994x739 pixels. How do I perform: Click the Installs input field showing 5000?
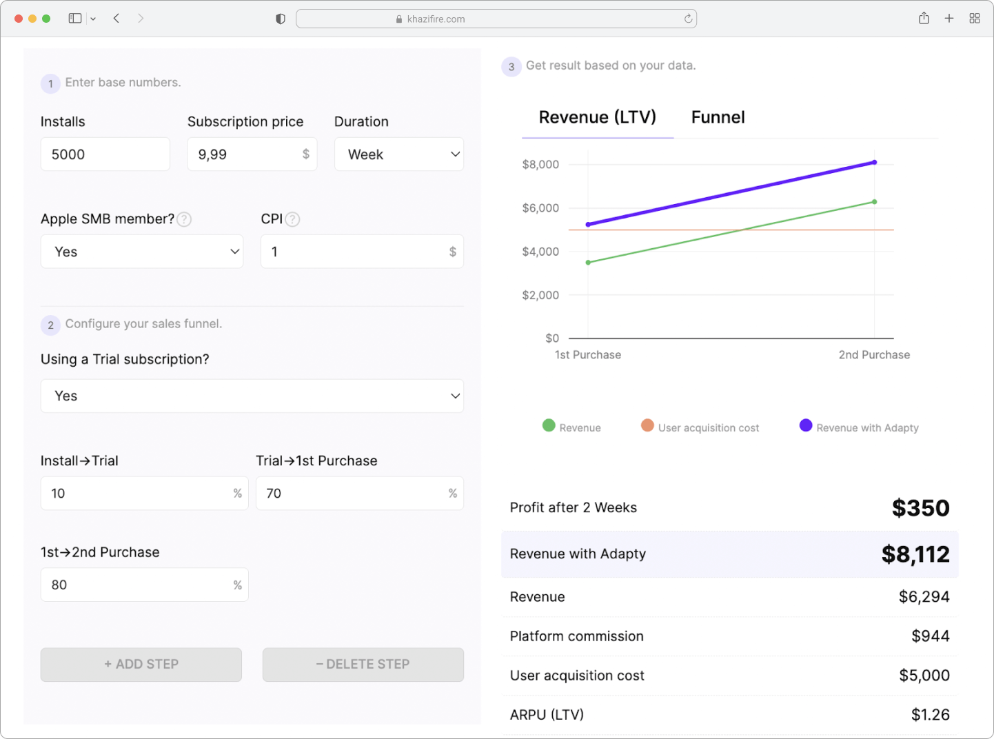(x=105, y=154)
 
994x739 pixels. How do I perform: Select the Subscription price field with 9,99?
(x=252, y=154)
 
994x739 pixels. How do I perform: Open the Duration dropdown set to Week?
(x=399, y=154)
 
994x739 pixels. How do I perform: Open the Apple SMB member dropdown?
(x=141, y=252)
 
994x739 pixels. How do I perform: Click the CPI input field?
(x=362, y=252)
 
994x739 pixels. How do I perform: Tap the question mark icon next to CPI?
(x=293, y=219)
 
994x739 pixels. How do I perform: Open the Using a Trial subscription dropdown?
(x=252, y=396)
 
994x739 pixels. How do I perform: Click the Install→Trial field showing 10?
(x=144, y=493)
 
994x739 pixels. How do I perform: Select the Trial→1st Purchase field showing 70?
(x=359, y=493)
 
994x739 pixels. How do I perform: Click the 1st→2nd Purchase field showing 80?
(x=144, y=585)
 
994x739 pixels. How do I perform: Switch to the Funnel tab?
(x=718, y=117)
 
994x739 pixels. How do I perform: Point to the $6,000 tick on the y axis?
(x=540, y=208)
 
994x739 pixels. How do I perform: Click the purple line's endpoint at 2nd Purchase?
(x=874, y=162)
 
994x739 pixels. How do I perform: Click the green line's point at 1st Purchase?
(x=588, y=263)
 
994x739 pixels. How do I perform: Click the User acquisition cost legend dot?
(x=647, y=425)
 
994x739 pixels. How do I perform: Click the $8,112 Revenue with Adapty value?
(x=915, y=554)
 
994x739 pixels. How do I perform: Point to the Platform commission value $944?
(x=931, y=636)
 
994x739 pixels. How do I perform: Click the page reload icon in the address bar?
(x=688, y=19)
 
